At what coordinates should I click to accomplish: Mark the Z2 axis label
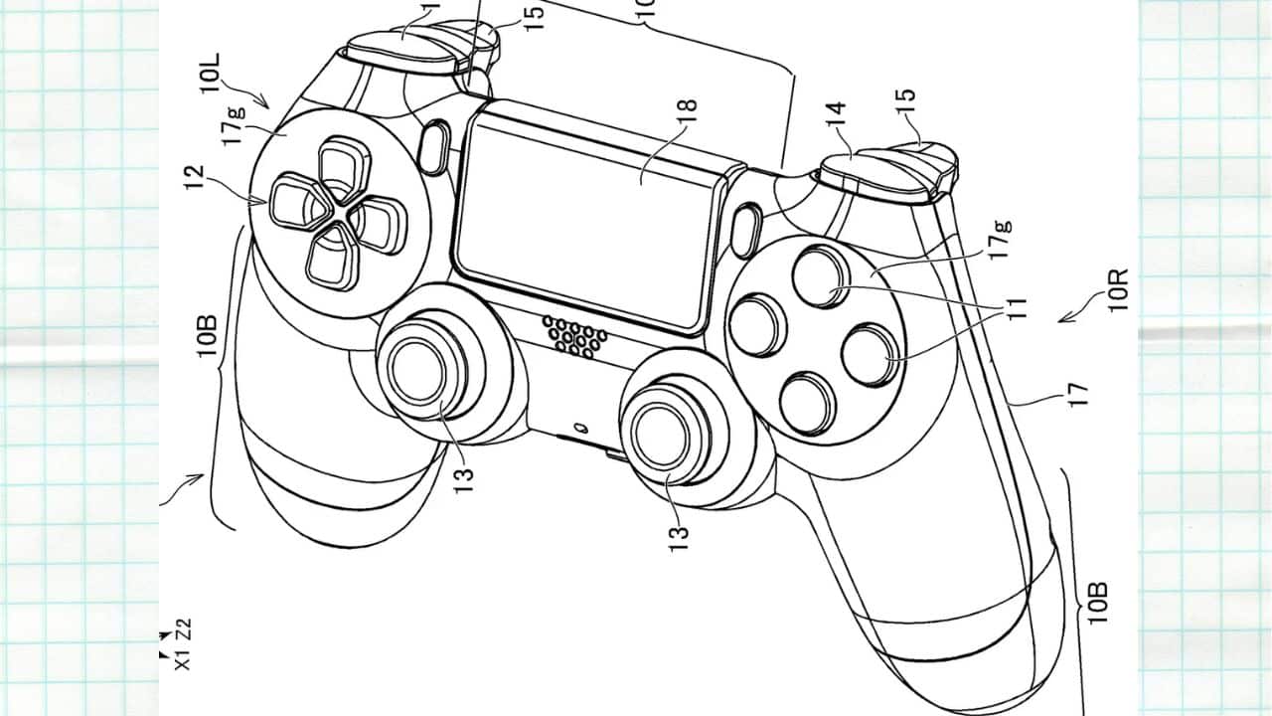tap(183, 629)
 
